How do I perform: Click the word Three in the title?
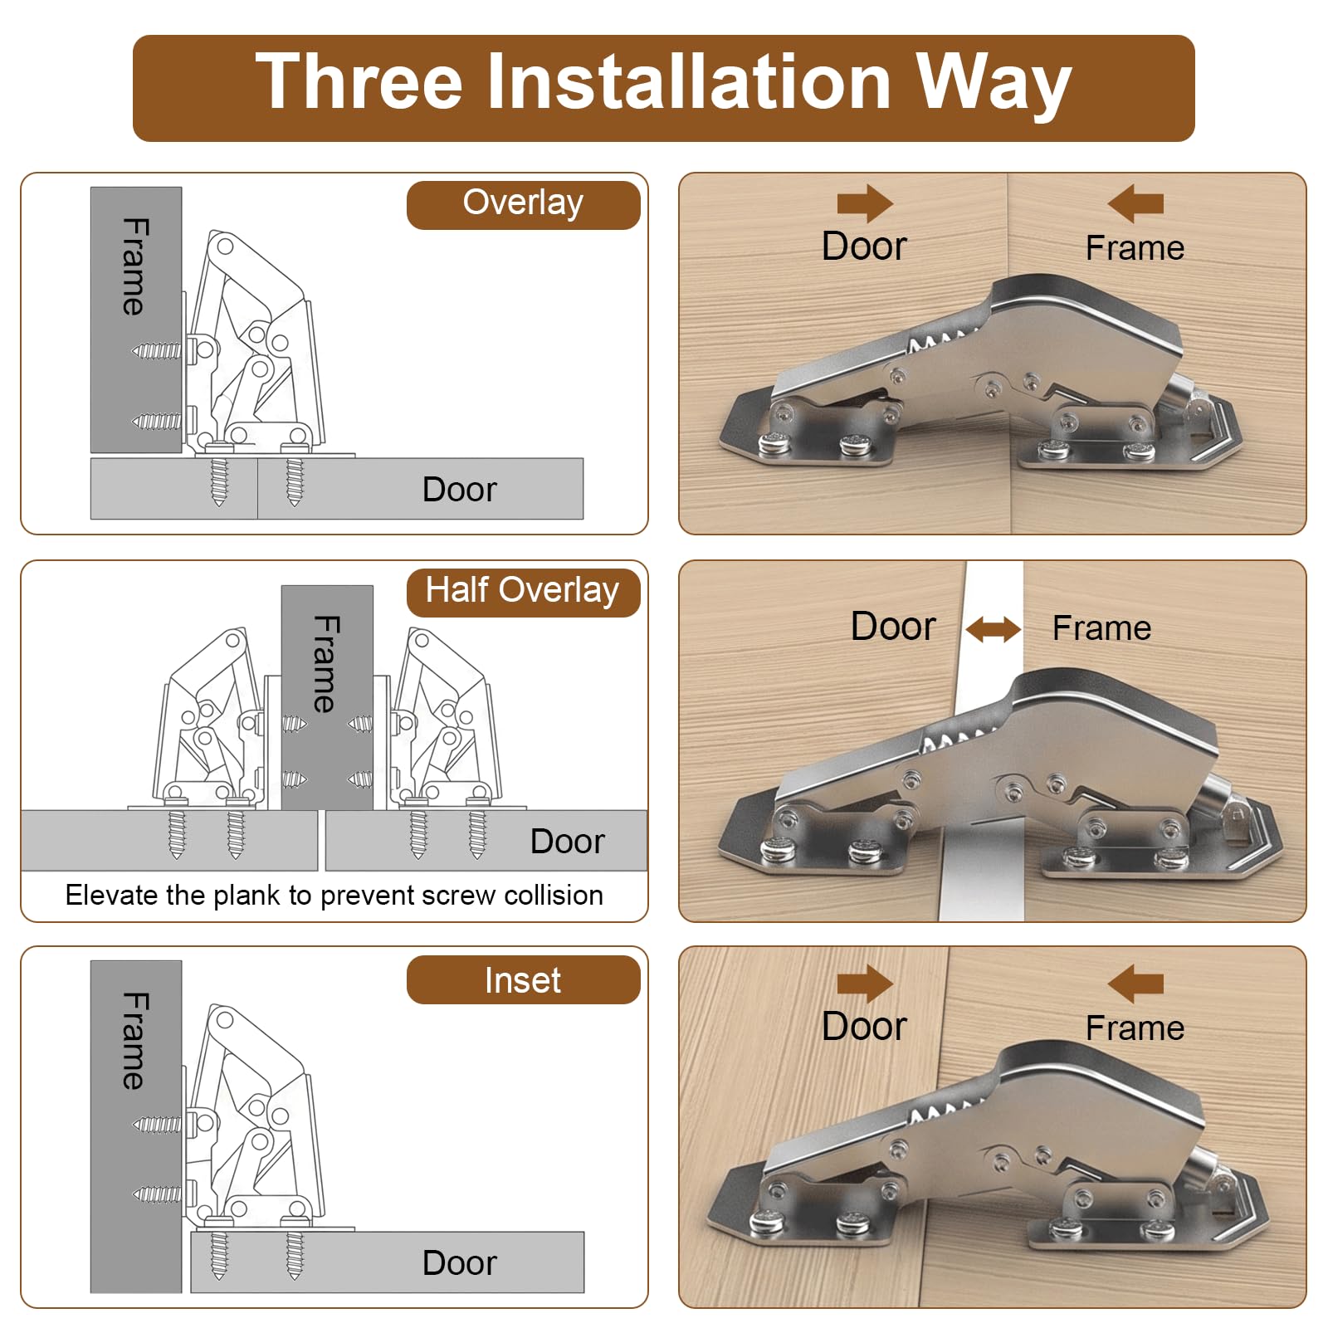[359, 81]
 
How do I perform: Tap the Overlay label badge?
[523, 205]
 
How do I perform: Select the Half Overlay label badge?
[523, 592]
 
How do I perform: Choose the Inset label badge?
[523, 980]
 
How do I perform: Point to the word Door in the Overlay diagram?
[459, 490]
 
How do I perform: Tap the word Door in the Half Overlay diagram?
[567, 842]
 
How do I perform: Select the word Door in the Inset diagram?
[459, 1263]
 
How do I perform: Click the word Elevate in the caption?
[112, 895]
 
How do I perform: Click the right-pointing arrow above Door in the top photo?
[865, 203]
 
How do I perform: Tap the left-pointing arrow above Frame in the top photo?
[1135, 203]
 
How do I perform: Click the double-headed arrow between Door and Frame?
[994, 629]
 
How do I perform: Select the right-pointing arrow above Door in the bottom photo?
[865, 984]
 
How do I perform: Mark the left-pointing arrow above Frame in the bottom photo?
[1135, 984]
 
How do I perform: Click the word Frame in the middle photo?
[1101, 628]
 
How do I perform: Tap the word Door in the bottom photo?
[864, 1027]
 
